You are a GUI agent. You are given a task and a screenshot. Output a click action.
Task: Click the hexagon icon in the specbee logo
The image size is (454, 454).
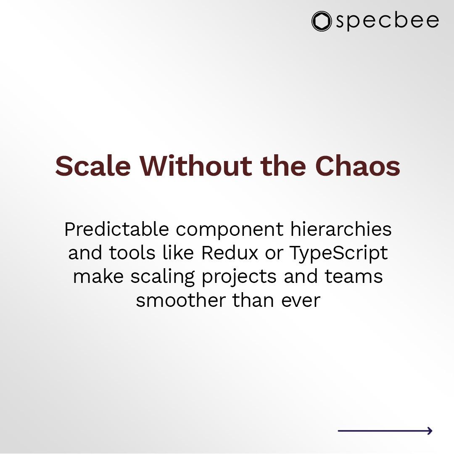[322, 21]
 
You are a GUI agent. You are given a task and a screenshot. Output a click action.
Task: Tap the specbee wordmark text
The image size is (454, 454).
[387, 21]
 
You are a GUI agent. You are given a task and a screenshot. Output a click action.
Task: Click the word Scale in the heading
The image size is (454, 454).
[93, 166]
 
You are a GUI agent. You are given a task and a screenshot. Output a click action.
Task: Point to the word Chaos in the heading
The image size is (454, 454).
[357, 166]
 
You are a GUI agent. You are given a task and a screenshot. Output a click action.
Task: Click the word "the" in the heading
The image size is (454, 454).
[284, 166]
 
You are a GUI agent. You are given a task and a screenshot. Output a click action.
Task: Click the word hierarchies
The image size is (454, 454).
[340, 230]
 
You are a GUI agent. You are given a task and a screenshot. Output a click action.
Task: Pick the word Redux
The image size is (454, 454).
[229, 253]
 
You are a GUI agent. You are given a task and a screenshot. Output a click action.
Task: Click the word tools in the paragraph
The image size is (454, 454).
[129, 253]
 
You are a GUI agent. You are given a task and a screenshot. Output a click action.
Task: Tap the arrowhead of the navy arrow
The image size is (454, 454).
[429, 430]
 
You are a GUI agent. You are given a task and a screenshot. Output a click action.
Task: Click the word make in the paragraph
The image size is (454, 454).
[99, 277]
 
